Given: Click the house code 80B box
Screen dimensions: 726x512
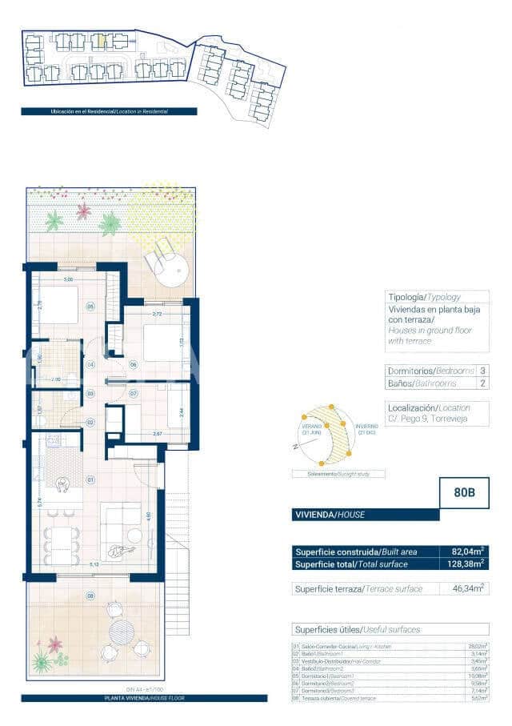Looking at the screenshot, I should [465, 493].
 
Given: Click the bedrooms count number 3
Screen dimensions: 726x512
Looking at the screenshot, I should [482, 371].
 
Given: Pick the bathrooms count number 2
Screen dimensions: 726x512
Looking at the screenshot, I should [482, 384].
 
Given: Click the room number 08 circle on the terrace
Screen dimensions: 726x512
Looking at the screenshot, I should [90, 596].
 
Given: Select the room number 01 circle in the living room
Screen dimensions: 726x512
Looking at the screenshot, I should [90, 479].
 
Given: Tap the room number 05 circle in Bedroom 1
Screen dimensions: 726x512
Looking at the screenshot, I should [90, 307].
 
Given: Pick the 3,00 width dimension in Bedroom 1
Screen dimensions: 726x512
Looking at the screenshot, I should [68, 279].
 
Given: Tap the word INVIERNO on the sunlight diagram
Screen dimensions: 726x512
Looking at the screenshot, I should [367, 427].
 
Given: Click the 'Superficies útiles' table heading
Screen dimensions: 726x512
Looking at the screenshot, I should [357, 630].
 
